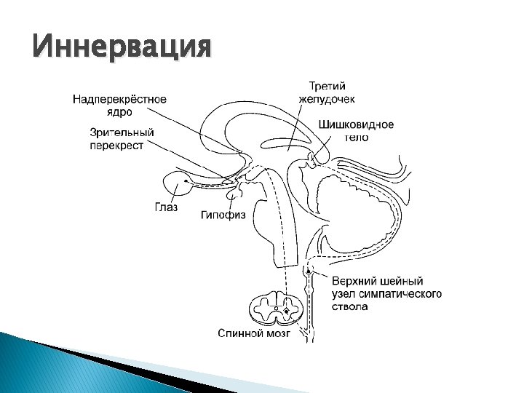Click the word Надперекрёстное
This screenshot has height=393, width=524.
[x=119, y=100]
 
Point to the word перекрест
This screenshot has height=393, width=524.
[x=116, y=145]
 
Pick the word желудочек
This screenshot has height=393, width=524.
[x=327, y=98]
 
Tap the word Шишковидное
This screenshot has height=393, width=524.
[x=356, y=124]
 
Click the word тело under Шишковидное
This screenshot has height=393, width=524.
[x=356, y=137]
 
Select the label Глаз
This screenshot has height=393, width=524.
[x=166, y=207]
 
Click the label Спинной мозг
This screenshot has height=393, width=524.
[x=254, y=333]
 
